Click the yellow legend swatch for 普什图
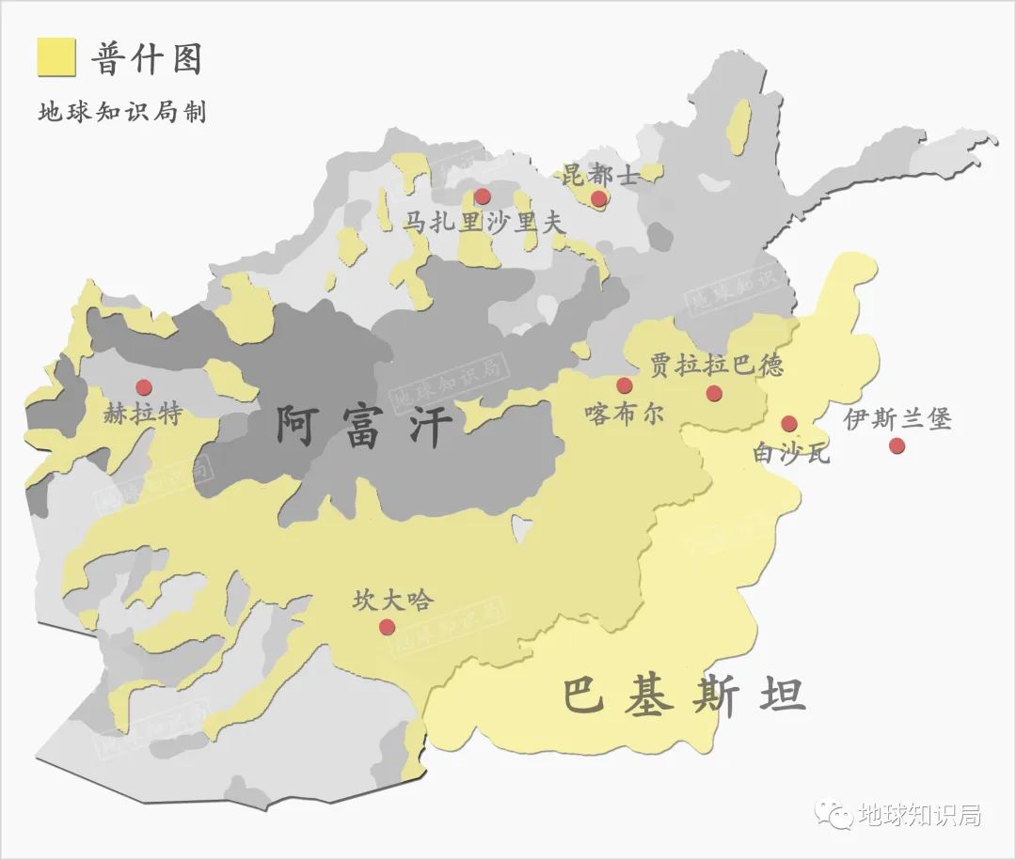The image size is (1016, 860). click(x=56, y=57)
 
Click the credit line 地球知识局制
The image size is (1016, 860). click(x=121, y=112)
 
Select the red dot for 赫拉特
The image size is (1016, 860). click(x=144, y=387)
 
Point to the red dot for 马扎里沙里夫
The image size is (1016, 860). click(x=483, y=196)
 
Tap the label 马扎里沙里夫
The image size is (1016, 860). click(x=484, y=223)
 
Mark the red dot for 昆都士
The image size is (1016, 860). click(x=598, y=198)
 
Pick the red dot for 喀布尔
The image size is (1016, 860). click(x=625, y=385)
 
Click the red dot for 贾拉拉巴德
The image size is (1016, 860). click(x=714, y=393)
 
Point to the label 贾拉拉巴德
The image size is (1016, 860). click(x=717, y=365)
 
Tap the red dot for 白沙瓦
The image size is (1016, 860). click(x=789, y=424)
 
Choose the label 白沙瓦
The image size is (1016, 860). click(x=792, y=453)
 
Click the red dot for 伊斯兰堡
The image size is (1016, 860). click(x=897, y=446)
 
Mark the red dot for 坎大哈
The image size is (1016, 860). click(x=387, y=627)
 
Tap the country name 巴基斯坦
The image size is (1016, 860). click(x=684, y=696)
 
